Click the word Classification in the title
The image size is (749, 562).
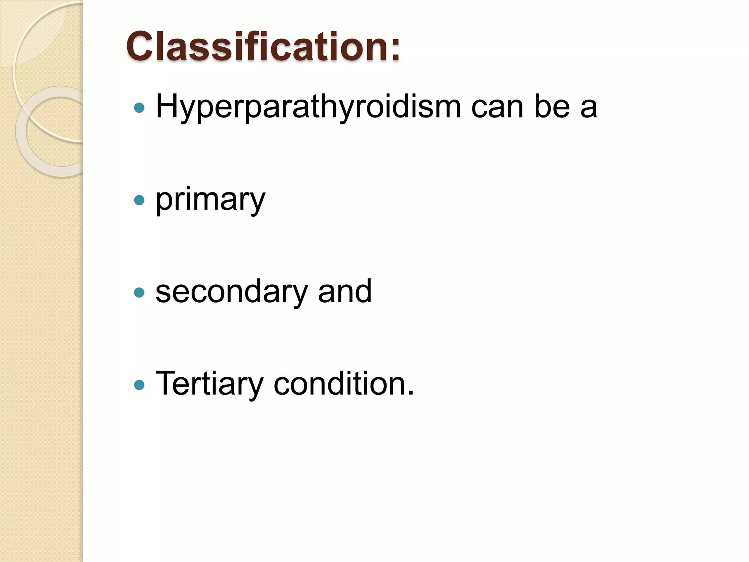point(257,47)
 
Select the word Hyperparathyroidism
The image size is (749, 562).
point(308,107)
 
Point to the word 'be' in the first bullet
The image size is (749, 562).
point(552,106)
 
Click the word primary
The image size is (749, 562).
point(210,200)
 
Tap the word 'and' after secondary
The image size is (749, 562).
point(345,291)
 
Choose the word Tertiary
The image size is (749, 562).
point(209,384)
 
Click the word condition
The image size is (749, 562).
point(339,384)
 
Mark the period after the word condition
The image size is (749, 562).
point(411,393)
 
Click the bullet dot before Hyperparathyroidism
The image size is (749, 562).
point(139,108)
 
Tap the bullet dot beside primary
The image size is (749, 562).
point(139,200)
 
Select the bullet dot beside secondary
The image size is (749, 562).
point(139,292)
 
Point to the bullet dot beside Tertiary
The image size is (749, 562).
point(139,385)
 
